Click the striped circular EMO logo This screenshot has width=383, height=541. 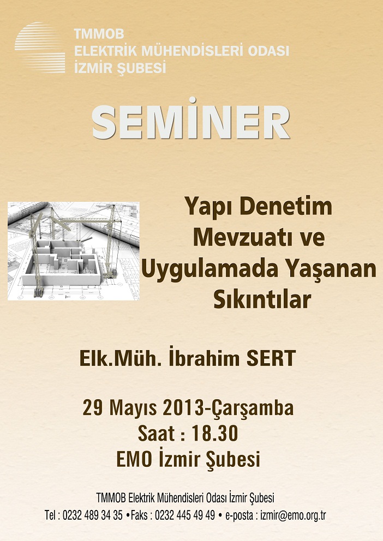[40, 47]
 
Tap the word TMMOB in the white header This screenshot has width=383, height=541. [99, 34]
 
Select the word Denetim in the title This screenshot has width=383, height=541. [285, 206]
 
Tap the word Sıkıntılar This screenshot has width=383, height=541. [262, 299]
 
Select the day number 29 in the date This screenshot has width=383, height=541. [93, 407]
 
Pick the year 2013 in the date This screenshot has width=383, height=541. [183, 407]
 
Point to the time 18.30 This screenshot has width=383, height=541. [215, 434]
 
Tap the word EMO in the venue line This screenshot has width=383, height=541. [134, 459]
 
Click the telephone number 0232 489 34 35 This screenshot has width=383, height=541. [93, 515]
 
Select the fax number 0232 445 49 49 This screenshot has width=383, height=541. [185, 515]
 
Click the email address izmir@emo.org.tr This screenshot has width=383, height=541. [293, 515]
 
